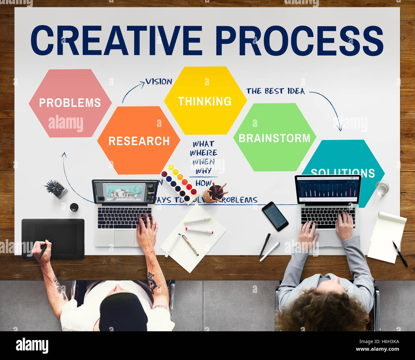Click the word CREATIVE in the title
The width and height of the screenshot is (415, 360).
(x=117, y=41)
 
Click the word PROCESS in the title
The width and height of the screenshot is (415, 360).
(x=299, y=41)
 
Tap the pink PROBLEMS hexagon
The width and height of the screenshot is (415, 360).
(x=70, y=103)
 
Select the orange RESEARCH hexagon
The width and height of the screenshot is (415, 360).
(x=139, y=141)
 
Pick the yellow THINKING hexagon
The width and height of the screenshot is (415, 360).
(x=205, y=101)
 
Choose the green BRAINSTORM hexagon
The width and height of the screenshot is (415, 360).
(x=275, y=138)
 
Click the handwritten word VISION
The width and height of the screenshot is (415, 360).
(x=159, y=82)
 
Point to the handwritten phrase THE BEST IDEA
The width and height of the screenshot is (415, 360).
(x=275, y=91)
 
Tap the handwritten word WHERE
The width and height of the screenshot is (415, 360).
(x=203, y=153)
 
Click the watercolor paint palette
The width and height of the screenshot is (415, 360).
(x=179, y=183)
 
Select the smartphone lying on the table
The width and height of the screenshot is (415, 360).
(x=275, y=216)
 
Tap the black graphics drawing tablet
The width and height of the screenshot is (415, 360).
(x=53, y=238)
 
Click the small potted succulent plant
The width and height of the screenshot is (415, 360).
(x=56, y=188)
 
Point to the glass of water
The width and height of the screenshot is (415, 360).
(x=382, y=188)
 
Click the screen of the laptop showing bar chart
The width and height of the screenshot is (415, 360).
(x=327, y=189)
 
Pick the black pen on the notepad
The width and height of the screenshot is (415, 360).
(x=400, y=254)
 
